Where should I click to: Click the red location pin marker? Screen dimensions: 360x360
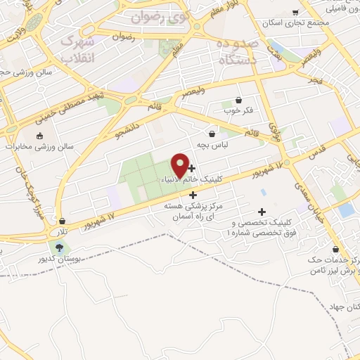pos(180,165)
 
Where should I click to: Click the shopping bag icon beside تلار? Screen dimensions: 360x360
pos(63,221)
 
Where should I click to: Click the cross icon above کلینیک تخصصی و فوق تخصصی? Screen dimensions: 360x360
pos(262,212)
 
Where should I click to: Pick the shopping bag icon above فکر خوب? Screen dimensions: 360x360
pos(239,100)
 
